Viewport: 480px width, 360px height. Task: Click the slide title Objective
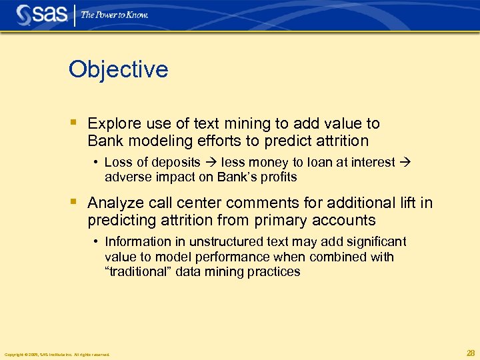pyautogui.click(x=118, y=69)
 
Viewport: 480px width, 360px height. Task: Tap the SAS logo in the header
pyautogui.click(x=42, y=14)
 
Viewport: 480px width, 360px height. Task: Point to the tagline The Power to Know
pyautogui.click(x=115, y=15)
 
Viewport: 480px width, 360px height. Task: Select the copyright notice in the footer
pyautogui.click(x=57, y=355)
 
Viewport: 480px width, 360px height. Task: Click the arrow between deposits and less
pyautogui.click(x=211, y=163)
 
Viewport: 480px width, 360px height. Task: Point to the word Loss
pyautogui.click(x=118, y=163)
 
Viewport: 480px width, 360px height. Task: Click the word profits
pyautogui.click(x=279, y=177)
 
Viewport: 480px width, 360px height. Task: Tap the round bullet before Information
pyautogui.click(x=97, y=242)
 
